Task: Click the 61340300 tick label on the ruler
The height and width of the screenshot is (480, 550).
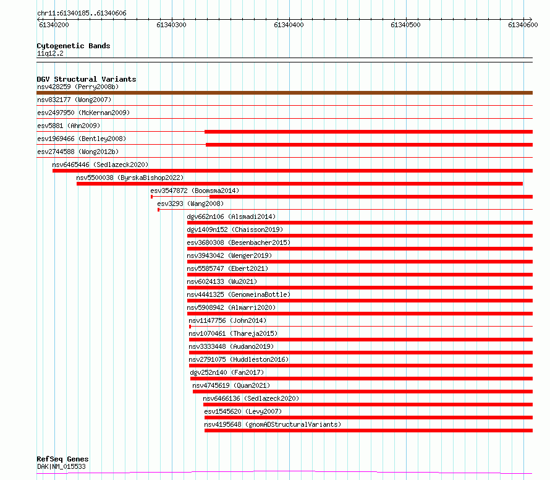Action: [171, 25]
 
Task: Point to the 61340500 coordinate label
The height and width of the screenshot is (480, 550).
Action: [405, 25]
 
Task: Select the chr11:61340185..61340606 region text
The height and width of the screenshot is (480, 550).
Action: [82, 14]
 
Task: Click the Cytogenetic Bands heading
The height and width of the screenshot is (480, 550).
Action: [74, 46]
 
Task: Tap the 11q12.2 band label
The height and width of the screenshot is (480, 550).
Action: [50, 53]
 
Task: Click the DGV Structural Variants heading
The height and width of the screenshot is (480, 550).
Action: [87, 79]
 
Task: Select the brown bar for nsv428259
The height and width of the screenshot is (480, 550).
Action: [284, 93]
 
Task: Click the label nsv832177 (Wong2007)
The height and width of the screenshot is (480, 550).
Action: [74, 100]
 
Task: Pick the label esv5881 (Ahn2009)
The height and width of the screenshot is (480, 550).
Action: [69, 126]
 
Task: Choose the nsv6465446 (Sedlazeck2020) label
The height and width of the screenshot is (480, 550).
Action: [100, 165]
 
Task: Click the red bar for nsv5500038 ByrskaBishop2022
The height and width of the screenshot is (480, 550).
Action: [300, 184]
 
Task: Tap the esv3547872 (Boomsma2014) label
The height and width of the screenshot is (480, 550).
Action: [195, 191]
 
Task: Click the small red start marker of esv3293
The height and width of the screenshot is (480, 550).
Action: [159, 210]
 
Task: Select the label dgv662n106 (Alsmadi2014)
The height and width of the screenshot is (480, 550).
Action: [231, 216]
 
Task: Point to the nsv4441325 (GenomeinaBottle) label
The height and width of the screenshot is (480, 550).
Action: [239, 294]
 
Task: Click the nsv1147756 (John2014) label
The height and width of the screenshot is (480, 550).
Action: [227, 320]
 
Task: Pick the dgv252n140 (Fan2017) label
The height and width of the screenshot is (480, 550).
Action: [227, 372]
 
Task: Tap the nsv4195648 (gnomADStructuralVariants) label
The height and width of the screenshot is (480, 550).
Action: [273, 424]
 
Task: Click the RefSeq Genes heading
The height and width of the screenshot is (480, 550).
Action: [62, 459]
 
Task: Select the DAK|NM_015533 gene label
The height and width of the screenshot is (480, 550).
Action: [61, 466]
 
